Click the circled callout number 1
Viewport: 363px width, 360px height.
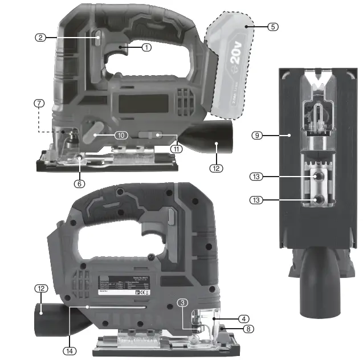(x=146, y=48)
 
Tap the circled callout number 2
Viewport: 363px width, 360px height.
(x=40, y=38)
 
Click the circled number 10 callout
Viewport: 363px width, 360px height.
(x=120, y=135)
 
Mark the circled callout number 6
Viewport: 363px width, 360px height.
(x=80, y=183)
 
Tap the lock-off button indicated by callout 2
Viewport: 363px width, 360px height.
(x=98, y=39)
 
